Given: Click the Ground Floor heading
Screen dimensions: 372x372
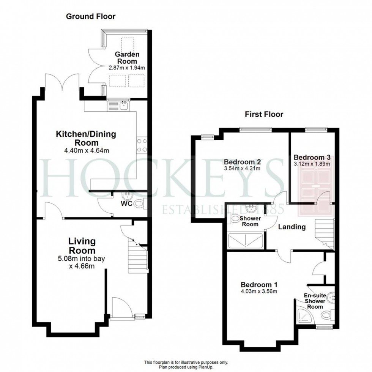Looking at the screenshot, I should [x=91, y=16].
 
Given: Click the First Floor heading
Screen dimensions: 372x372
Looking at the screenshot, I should [x=264, y=114].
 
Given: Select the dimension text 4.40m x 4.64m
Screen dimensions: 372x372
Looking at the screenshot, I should [x=87, y=151].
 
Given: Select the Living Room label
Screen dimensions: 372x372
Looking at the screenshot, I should [x=82, y=246].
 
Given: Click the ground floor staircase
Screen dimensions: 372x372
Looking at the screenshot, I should [x=137, y=258].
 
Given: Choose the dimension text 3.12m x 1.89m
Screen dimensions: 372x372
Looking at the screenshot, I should [x=312, y=164].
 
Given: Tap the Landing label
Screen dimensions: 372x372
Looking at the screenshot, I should [x=292, y=227].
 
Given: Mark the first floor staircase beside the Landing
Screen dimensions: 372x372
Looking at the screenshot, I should [x=323, y=233].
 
